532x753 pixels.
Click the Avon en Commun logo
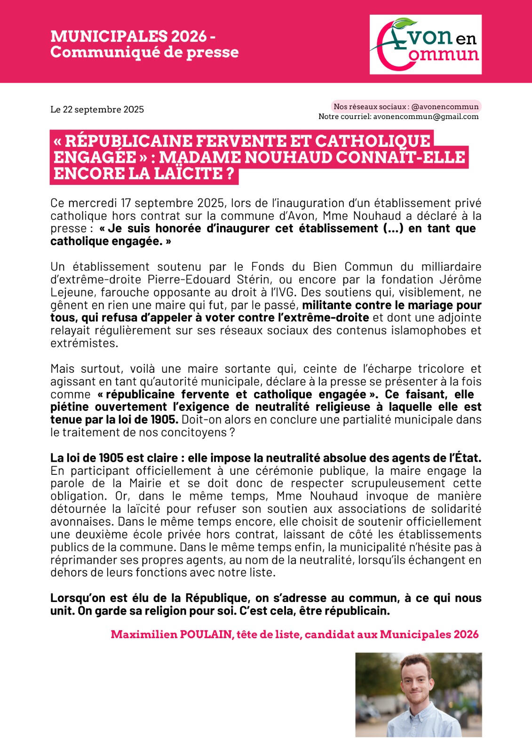click(x=425, y=44)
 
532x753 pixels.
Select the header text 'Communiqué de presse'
click(x=144, y=52)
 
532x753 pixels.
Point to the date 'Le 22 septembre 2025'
click(x=97, y=110)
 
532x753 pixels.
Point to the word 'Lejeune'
click(x=69, y=292)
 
